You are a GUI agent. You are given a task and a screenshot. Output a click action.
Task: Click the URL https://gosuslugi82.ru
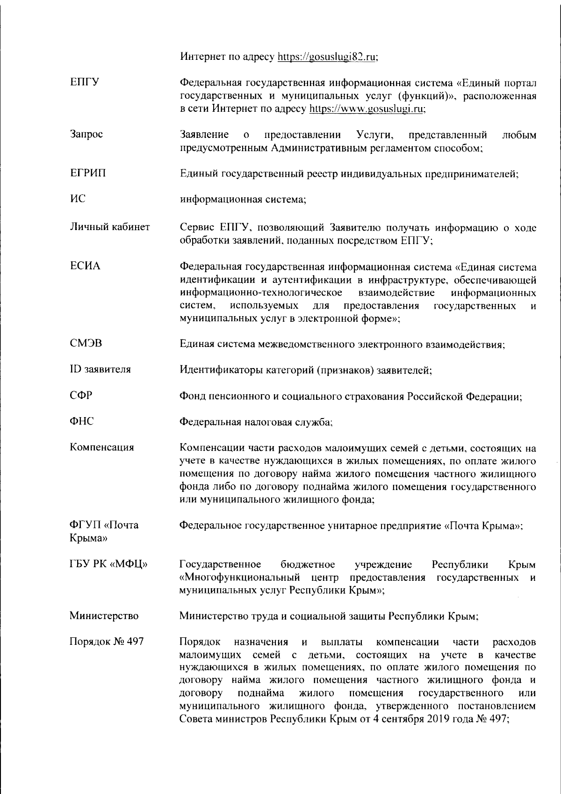coord(327,57)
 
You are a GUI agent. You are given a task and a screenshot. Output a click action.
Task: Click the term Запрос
coord(86,135)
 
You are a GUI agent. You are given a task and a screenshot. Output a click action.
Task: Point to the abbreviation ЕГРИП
coord(88,173)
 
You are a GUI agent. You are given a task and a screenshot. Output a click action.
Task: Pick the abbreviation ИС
coord(78,199)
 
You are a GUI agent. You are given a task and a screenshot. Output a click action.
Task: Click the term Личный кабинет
coord(110,227)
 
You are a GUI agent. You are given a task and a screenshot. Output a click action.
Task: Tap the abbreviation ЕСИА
coord(85,267)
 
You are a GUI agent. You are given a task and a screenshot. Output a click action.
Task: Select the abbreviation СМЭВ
coord(86,344)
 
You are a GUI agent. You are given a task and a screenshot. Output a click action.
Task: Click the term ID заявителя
coord(101,369)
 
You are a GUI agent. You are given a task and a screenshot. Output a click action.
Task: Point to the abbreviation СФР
coord(81,396)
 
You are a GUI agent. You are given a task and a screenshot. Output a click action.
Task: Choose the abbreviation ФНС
coord(82,421)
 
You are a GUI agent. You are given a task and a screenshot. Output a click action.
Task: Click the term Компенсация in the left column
coord(102,448)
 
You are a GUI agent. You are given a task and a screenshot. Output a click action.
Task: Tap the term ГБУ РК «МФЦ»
coord(108,564)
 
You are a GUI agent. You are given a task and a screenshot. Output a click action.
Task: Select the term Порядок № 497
coord(107,642)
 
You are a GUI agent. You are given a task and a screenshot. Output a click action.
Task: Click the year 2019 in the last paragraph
coord(437,720)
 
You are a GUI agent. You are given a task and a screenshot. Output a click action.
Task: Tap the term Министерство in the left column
coord(104,616)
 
